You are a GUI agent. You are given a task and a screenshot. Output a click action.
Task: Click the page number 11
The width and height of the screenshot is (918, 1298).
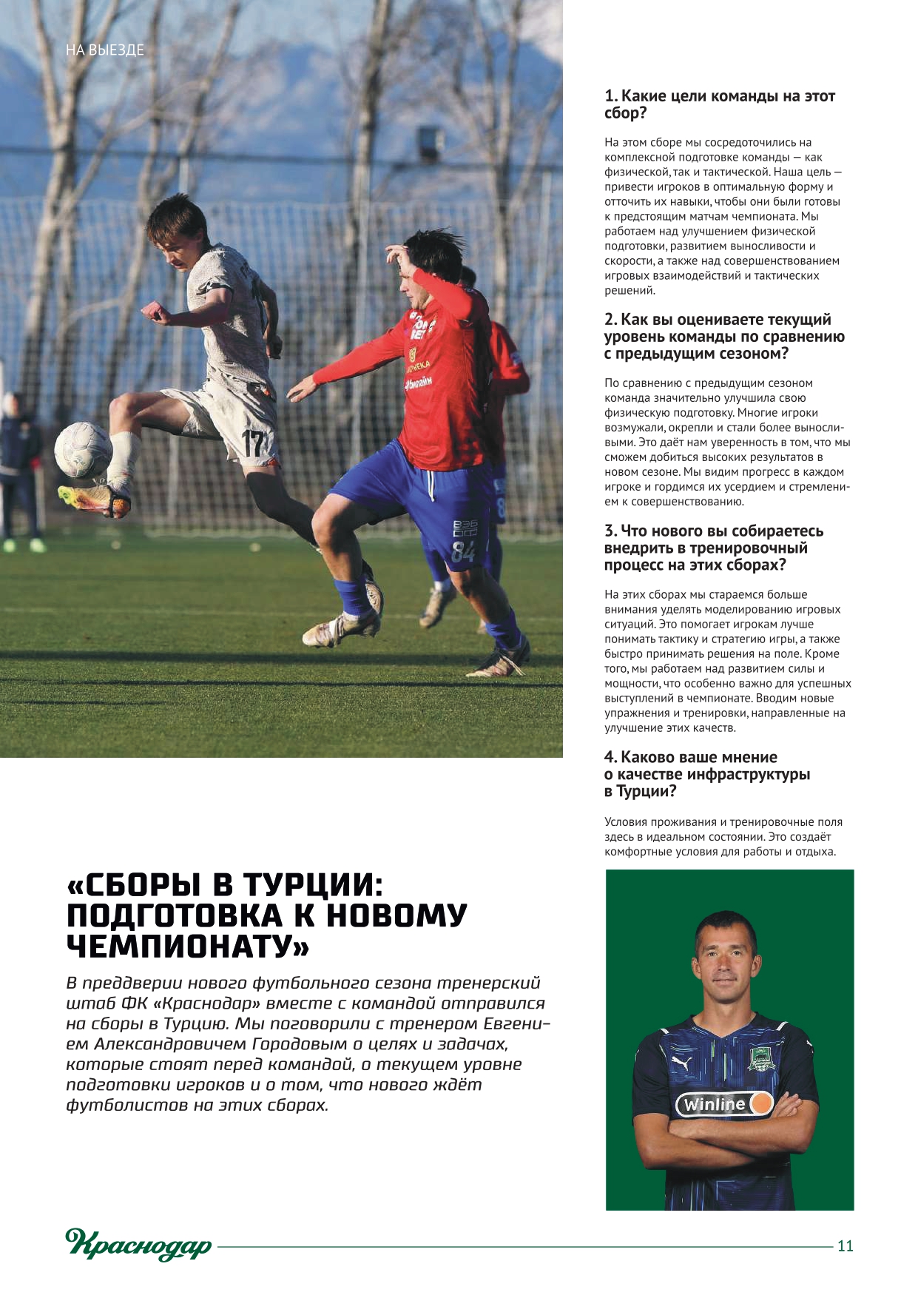[x=845, y=1245]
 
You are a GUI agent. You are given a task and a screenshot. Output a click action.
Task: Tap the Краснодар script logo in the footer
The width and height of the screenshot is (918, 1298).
[x=138, y=1244]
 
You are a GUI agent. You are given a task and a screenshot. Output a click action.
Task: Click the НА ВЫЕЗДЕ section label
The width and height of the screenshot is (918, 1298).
[x=104, y=50]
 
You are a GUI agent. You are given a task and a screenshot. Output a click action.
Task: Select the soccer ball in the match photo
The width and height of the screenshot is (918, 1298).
[x=83, y=449]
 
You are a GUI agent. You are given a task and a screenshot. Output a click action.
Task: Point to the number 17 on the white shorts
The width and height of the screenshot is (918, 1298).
[x=252, y=443]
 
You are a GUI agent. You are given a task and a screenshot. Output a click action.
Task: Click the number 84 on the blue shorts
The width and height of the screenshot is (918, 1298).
[x=463, y=551]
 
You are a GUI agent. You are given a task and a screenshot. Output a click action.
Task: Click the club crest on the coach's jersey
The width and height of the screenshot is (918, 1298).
[x=760, y=1060]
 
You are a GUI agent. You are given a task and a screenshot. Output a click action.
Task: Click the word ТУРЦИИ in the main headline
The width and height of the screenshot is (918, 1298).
[x=314, y=885]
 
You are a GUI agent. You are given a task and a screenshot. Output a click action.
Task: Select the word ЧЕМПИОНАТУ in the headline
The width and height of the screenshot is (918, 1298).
[x=188, y=946]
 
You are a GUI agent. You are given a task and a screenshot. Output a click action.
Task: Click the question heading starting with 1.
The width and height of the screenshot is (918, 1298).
[x=719, y=104]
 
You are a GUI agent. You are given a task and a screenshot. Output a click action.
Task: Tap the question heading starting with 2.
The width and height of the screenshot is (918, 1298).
[x=723, y=336]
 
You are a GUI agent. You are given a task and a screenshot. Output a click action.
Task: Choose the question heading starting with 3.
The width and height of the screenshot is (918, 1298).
[x=713, y=548]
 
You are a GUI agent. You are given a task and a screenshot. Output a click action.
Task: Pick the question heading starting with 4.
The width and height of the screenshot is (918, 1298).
[x=706, y=774]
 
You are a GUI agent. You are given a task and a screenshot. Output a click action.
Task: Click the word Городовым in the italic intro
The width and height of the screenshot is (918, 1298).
[x=300, y=1044]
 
